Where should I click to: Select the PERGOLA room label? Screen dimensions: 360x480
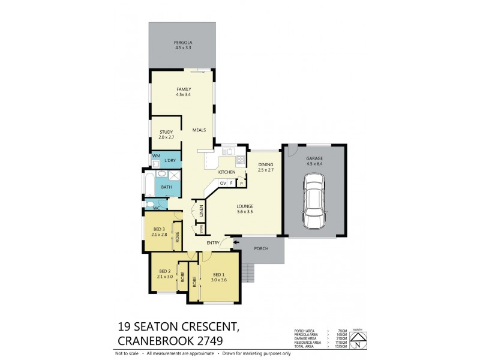click(183, 42)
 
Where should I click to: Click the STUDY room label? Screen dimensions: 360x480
click(166, 132)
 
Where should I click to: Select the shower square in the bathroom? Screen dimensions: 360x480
click(172, 176)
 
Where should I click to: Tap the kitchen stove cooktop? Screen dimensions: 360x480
click(240, 160)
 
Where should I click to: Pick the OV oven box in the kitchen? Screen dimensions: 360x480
click(223, 183)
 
